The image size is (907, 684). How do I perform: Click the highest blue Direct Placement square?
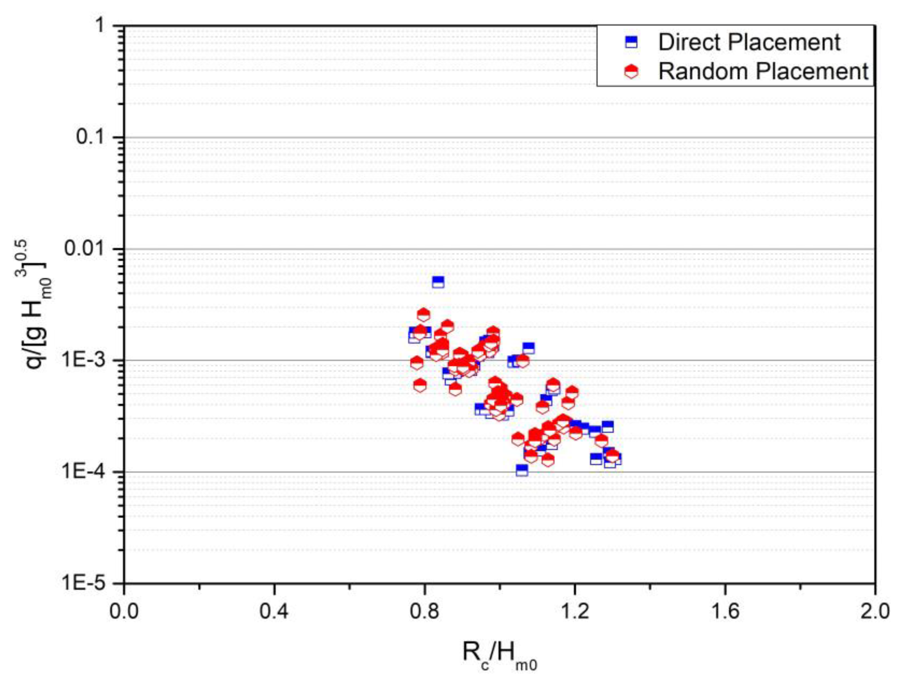[x=438, y=282]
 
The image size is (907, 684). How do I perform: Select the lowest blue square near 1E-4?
[x=521, y=470]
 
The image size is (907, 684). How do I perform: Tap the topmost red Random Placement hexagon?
[x=424, y=315]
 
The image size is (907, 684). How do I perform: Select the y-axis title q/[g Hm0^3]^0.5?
[x=35, y=305]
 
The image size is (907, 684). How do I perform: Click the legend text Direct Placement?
[x=749, y=42]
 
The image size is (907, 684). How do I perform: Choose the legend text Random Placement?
[x=763, y=71]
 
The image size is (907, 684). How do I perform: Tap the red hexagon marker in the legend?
[x=632, y=72]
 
